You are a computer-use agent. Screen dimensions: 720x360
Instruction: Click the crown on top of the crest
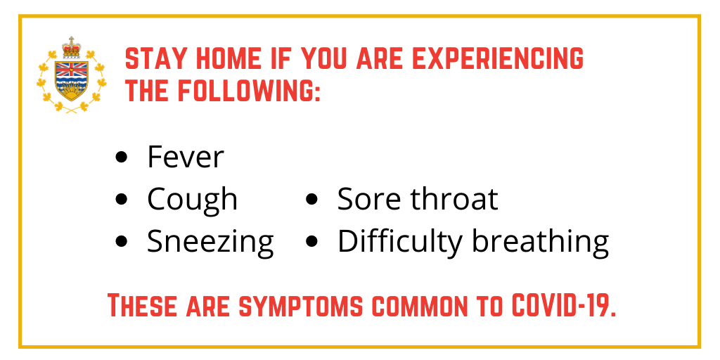71,47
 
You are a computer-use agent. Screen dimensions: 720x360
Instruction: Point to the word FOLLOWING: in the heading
250,90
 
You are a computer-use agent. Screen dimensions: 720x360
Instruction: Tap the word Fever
186,157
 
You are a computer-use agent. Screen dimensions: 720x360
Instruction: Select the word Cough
193,200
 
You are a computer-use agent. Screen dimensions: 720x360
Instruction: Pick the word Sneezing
210,242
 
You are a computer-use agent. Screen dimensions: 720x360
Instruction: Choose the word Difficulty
400,242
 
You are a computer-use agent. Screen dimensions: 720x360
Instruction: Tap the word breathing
541,242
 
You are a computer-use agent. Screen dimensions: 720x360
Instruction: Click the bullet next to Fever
121,157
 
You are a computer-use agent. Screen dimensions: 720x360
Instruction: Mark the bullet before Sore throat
311,199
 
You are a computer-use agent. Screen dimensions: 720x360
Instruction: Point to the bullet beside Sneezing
121,242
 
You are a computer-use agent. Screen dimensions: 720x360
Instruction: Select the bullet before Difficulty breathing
311,242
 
